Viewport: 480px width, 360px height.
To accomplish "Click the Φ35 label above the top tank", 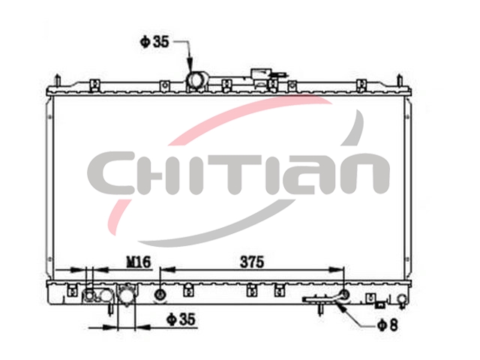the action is point(154,42).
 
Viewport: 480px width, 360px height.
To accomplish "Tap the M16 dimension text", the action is point(139,262).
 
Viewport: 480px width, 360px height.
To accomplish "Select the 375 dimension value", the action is point(252,262).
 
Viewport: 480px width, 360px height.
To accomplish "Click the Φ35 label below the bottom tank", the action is point(181,319).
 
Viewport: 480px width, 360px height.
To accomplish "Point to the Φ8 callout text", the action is point(388,325).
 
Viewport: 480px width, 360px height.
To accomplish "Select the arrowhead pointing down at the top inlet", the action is point(190,65).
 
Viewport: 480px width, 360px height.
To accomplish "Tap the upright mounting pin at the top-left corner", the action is point(57,80).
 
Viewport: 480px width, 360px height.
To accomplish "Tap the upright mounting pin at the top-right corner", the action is point(400,80).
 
